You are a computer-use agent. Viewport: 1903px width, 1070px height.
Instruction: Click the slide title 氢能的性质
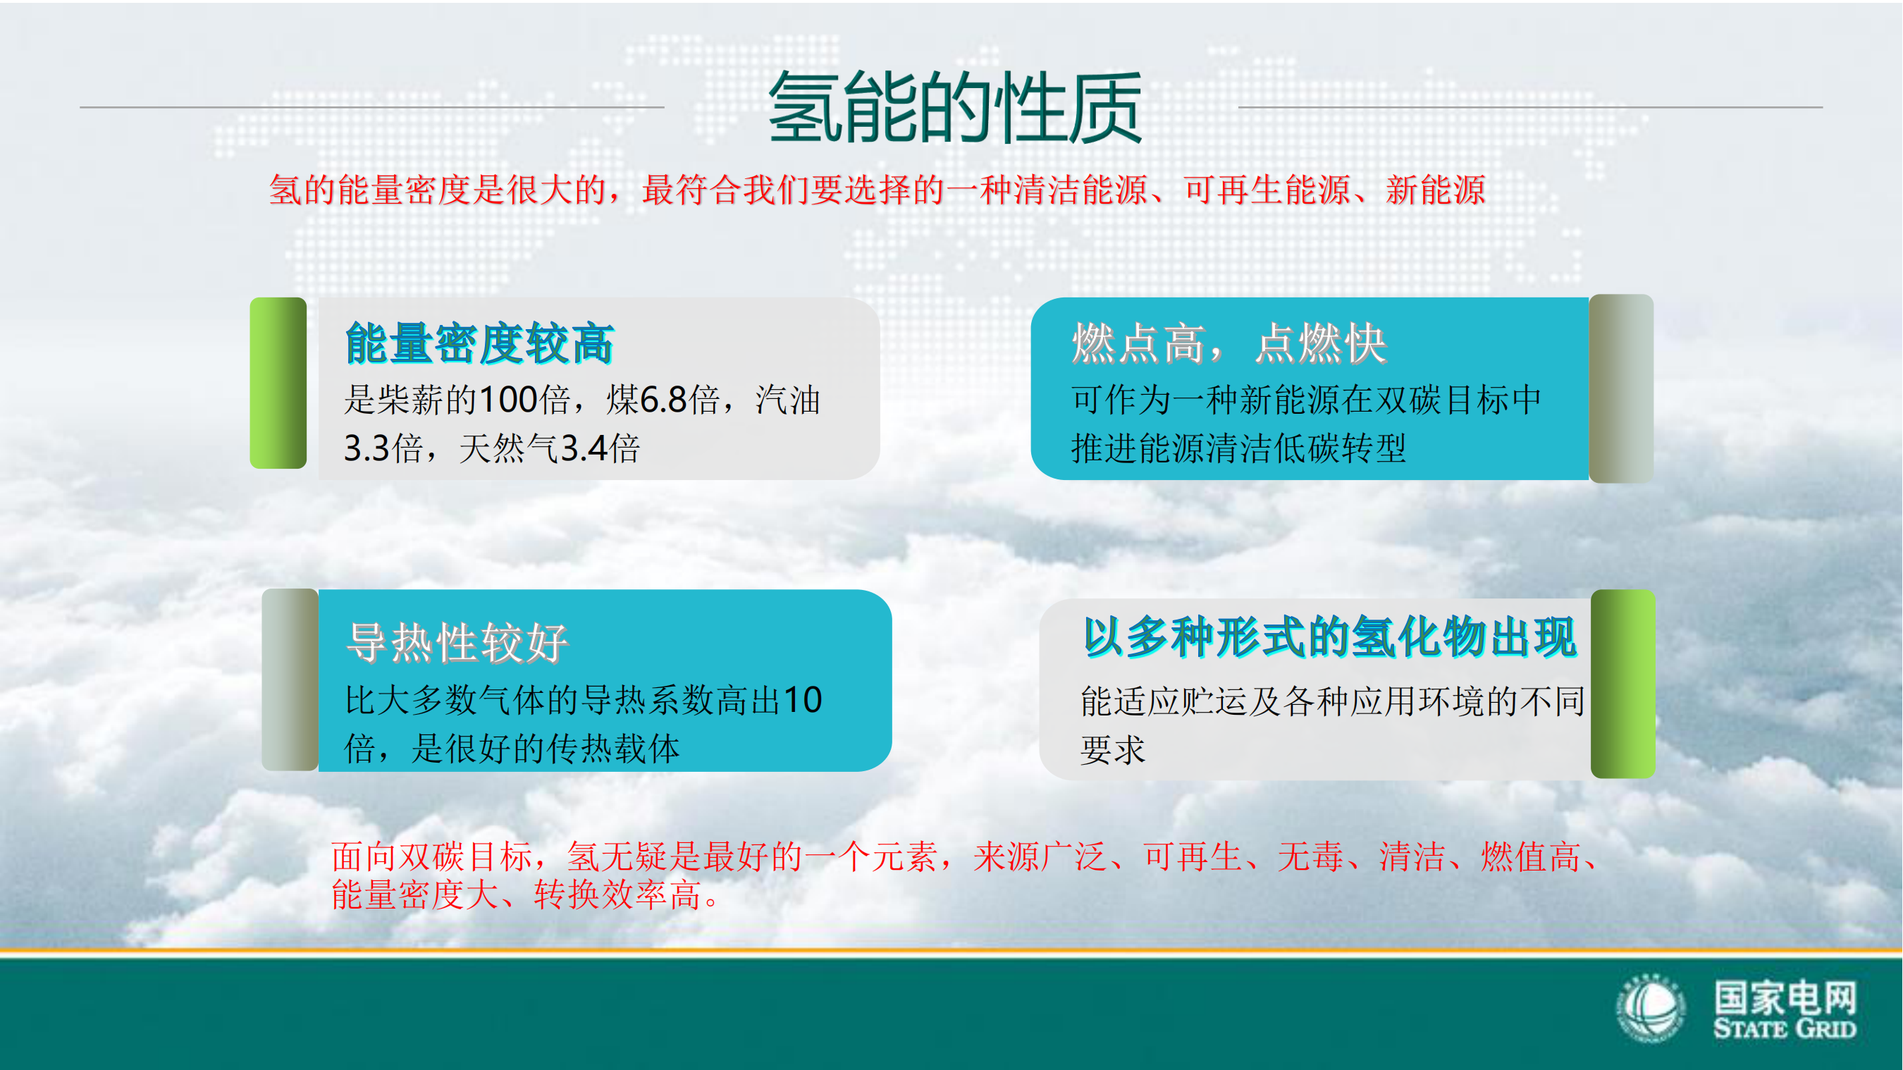coord(954,108)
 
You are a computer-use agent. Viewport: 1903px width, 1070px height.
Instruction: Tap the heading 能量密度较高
coord(479,343)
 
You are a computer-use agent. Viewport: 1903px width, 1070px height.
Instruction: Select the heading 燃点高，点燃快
coord(1229,343)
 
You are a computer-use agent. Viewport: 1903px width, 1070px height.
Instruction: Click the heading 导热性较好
coord(457,641)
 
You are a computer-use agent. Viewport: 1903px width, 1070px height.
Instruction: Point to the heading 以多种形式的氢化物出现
coord(1330,638)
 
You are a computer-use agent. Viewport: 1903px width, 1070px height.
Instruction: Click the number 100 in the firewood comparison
coord(508,400)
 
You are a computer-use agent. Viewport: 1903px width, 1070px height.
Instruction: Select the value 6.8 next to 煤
coord(663,400)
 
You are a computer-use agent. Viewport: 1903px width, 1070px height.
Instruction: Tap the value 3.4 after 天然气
coord(584,448)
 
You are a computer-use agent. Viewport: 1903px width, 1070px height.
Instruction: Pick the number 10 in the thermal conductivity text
coord(802,700)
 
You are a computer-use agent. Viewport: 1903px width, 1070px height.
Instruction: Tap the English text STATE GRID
coord(1784,1028)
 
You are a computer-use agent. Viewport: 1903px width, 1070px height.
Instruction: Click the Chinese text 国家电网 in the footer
coord(1785,997)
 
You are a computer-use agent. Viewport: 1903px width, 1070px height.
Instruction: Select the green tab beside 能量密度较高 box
coord(278,383)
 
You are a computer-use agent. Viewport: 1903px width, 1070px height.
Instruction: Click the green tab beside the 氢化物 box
coord(1623,684)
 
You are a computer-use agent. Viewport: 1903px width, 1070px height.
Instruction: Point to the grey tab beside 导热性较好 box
coord(290,679)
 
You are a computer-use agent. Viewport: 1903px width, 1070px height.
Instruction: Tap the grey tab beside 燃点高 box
coord(1622,388)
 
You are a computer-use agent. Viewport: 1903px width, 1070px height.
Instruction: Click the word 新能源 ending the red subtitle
coord(1436,190)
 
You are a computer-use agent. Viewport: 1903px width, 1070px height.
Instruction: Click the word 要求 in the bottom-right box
coord(1112,750)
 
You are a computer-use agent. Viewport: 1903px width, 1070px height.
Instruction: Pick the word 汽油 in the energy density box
coord(787,400)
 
